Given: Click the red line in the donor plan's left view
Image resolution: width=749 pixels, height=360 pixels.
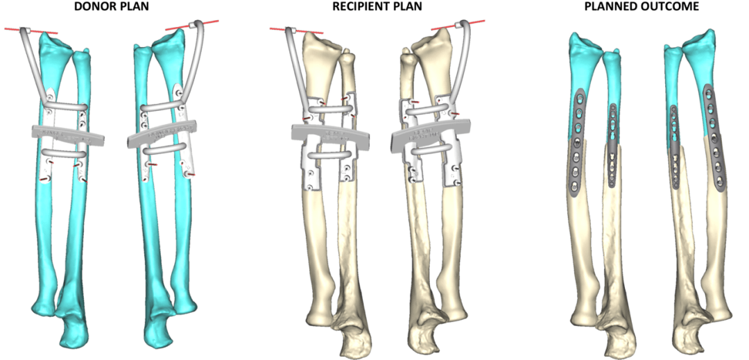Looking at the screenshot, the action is (31, 31).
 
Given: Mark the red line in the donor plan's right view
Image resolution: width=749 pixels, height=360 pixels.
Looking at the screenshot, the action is (192, 25).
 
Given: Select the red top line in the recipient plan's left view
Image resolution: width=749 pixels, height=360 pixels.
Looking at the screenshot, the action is (296, 31).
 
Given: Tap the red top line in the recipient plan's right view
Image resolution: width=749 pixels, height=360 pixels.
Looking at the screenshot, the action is (458, 25).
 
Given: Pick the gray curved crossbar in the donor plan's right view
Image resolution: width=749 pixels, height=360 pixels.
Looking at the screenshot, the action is (162, 133).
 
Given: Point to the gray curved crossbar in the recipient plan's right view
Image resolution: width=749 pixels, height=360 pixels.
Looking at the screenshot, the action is (427, 133).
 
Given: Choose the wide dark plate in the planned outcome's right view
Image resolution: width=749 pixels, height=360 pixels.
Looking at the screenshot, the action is (714, 137).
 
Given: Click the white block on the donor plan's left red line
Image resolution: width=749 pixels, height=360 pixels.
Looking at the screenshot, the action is (28, 31).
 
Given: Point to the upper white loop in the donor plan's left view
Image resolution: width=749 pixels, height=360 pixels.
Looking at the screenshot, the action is (67, 106).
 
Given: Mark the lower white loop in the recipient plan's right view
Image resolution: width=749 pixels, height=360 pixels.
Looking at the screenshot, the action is (429, 150).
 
